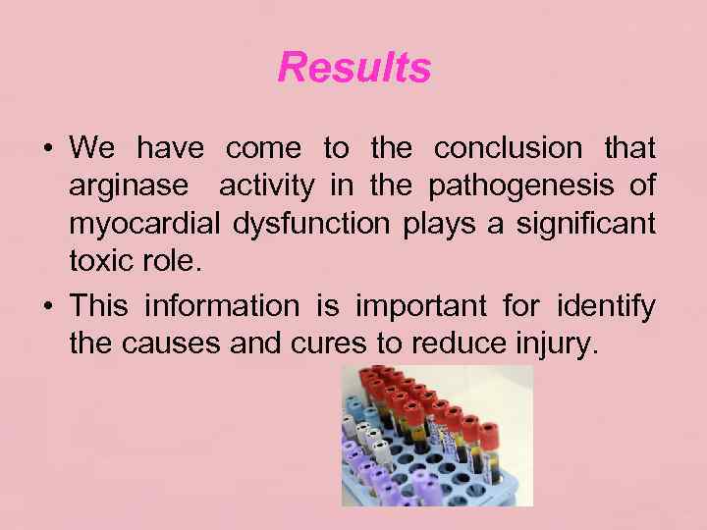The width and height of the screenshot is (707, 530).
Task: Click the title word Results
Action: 353,68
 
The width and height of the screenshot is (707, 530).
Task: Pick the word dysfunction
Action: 311,224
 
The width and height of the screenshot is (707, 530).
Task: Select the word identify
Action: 605,307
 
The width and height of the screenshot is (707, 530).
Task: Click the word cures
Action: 309,344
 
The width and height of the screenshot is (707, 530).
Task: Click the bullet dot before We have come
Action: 47,150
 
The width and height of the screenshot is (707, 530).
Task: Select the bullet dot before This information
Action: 47,308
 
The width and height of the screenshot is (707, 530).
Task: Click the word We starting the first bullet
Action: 92,149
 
